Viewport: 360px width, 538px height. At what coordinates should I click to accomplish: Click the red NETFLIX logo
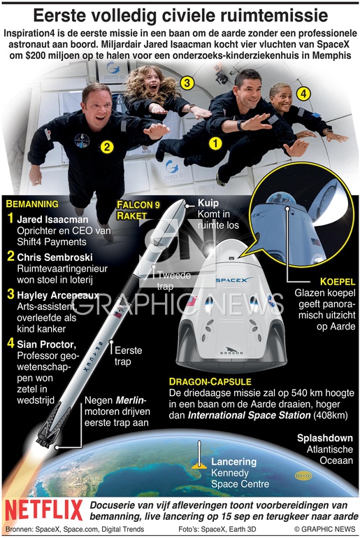pos(44,510)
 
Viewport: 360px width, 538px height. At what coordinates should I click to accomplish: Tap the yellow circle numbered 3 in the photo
pos(187,83)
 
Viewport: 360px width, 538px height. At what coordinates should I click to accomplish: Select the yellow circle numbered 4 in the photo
pos(303,93)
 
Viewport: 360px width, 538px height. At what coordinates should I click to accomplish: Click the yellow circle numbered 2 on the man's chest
pos(108,147)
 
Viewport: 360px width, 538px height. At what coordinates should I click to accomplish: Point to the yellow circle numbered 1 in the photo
pos(215,143)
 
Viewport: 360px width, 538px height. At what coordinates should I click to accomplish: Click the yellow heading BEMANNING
pos(32,204)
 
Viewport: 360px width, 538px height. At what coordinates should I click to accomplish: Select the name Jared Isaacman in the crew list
pos(53,220)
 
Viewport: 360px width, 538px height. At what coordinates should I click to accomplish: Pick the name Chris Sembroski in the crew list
pos(55,257)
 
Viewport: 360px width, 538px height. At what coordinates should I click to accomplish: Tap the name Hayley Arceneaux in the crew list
pos(58,295)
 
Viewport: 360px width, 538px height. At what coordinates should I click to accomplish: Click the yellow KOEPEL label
pos(338,282)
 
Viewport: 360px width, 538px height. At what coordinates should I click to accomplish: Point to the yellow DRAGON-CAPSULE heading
pos(210,382)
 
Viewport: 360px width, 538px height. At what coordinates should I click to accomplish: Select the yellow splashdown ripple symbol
pos(303,476)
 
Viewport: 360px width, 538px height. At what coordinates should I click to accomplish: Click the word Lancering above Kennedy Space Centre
pos(234,462)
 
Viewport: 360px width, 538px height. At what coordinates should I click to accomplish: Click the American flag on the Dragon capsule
pos(192,302)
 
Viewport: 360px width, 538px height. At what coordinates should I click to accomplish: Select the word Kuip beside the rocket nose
pos(208,203)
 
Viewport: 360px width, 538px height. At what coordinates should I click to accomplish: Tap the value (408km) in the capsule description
pos(330,416)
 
